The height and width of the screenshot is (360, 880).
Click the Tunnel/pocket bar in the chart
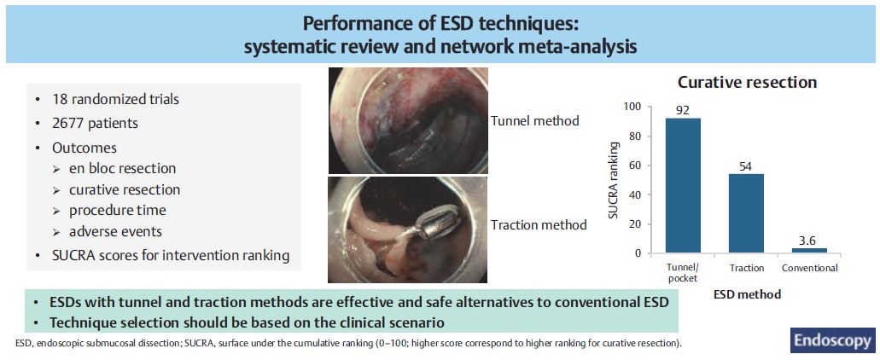click(683, 186)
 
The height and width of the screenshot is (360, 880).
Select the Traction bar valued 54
click(747, 213)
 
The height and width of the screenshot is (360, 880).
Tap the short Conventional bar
click(809, 251)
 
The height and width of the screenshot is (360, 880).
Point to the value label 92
click(683, 110)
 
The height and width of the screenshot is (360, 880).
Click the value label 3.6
click(809, 240)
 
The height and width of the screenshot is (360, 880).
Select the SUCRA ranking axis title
click(615, 180)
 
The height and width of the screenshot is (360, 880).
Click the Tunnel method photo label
click(535, 120)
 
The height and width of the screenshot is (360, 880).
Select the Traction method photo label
click(539, 225)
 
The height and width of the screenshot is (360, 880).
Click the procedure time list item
click(117, 211)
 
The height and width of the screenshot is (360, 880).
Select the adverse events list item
click(115, 231)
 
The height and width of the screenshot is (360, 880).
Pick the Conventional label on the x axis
click(810, 268)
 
